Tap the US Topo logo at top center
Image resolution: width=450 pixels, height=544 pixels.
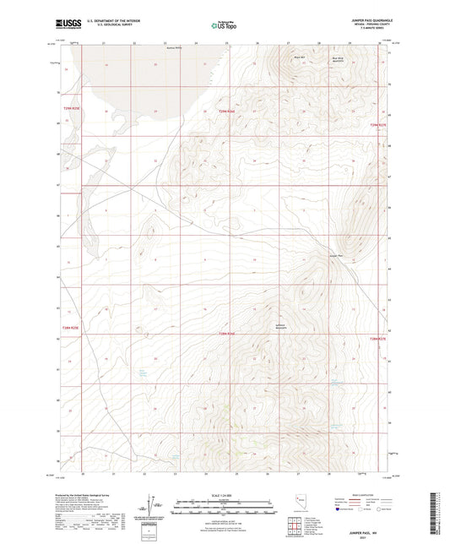click(224, 25)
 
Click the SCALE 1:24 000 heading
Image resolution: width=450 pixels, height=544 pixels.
click(224, 495)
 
